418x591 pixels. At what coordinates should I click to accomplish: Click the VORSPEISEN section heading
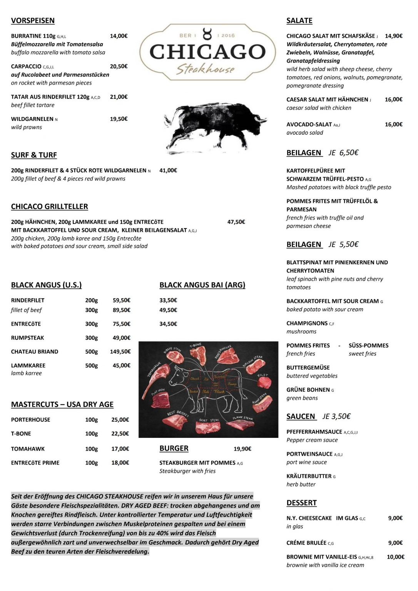click(x=33, y=21)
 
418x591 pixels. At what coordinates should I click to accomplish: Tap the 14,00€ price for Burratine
click(x=119, y=36)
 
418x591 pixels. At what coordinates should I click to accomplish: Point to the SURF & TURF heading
click(x=34, y=155)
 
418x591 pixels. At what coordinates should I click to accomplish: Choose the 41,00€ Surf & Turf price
click(x=168, y=170)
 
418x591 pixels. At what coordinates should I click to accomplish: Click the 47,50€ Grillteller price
click(x=236, y=222)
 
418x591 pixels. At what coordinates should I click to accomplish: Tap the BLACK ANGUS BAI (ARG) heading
click(x=202, y=285)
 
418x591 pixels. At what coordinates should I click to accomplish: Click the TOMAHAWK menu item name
click(x=28, y=449)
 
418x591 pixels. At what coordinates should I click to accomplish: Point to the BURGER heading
click(x=174, y=448)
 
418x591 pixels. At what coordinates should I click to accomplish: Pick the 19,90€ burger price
click(x=242, y=449)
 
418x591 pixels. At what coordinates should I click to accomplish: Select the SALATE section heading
click(x=299, y=21)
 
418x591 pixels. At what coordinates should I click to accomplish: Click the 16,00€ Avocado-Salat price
click(x=393, y=125)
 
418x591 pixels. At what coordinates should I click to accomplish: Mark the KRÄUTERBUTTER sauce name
click(x=309, y=476)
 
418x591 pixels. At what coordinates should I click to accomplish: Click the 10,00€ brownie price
click(x=395, y=557)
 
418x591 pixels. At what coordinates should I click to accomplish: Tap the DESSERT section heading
click(x=301, y=503)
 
